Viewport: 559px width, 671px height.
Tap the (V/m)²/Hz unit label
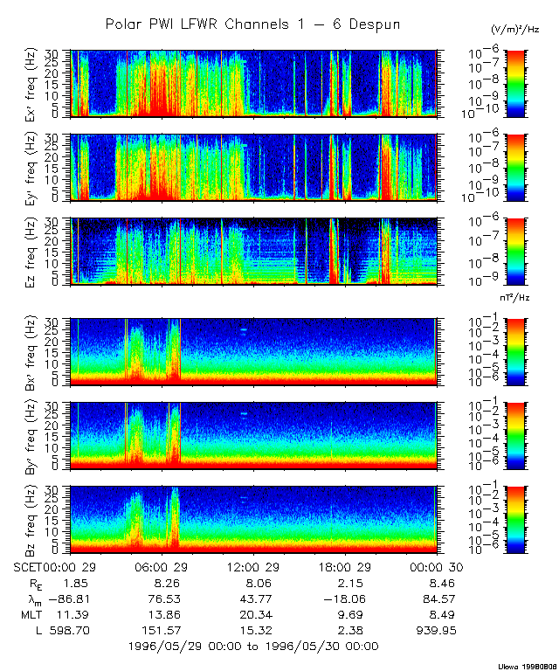click(x=517, y=30)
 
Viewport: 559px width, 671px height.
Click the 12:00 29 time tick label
click(x=253, y=567)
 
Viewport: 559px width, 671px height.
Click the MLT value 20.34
click(x=253, y=614)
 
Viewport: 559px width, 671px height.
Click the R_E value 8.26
click(x=167, y=583)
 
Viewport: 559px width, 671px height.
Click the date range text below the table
click(x=253, y=647)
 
